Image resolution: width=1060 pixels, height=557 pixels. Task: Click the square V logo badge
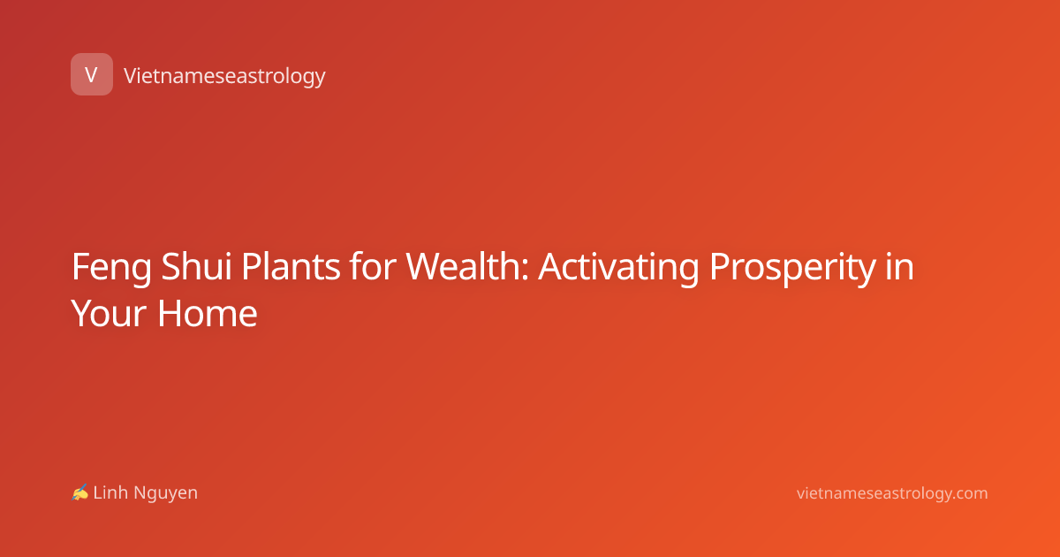pos(92,74)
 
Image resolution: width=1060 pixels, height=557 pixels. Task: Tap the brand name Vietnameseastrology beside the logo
pos(224,76)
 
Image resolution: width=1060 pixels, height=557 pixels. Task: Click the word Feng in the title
pos(111,268)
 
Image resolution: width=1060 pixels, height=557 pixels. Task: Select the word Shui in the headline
pos(196,267)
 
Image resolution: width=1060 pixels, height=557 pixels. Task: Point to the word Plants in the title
pos(291,267)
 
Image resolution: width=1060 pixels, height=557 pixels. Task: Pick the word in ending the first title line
pos(899,267)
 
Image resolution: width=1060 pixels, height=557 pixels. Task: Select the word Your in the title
pos(109,314)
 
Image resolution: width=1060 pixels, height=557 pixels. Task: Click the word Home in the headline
pos(208,314)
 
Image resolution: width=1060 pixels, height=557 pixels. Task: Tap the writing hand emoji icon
pos(80,492)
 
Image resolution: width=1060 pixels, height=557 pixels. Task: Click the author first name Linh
pos(110,492)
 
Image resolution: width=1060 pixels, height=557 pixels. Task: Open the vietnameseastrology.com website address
pos(892,494)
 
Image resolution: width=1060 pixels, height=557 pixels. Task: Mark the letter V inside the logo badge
pos(91,74)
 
